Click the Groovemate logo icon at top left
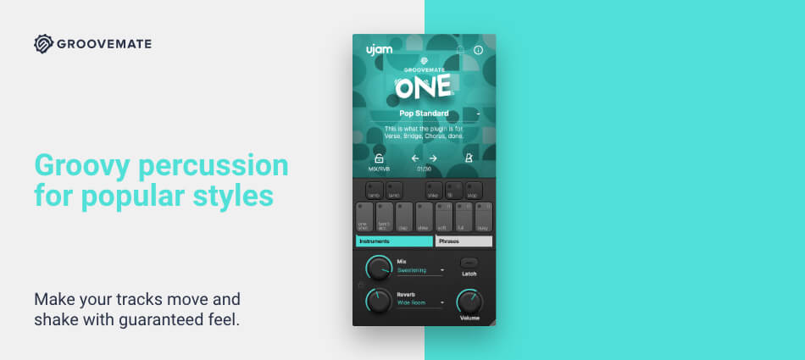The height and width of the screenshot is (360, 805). point(44,44)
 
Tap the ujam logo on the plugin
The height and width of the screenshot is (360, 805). point(378,50)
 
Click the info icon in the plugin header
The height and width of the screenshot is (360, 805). point(478,51)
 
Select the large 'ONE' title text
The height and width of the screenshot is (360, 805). point(423,87)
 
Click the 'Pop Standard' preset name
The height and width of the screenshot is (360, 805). point(424,114)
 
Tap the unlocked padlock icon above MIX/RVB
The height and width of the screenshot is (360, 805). point(379,158)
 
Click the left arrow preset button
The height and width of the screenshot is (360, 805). point(416,158)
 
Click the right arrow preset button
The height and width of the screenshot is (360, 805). point(432,158)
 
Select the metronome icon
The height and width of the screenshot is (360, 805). point(469,158)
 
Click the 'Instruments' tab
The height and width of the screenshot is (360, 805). point(393,241)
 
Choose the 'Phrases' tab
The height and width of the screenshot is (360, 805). point(463,241)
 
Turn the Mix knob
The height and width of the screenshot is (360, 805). point(379,269)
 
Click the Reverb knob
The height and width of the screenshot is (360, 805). point(379,302)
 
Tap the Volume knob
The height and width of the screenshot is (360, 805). point(469,302)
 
